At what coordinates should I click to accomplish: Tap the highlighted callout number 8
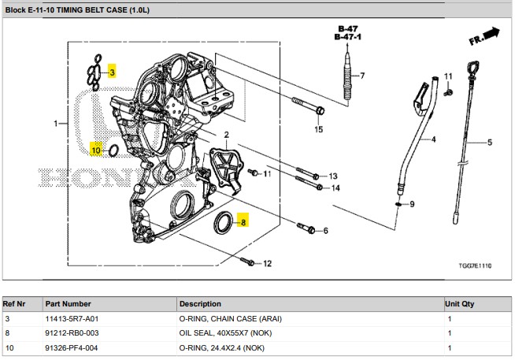point(243,222)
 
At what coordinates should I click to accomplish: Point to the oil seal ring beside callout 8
point(224,222)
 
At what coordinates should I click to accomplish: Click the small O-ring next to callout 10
point(113,150)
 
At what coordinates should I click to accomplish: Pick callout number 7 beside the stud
point(362,76)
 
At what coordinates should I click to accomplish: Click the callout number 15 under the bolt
point(319,129)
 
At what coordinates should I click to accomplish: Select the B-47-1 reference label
point(347,37)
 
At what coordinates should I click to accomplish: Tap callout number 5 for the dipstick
point(489,143)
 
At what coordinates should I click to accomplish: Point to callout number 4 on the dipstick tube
point(432,139)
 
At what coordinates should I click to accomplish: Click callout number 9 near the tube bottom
point(412,205)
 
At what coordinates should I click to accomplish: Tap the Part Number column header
point(69,303)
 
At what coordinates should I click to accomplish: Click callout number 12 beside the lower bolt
point(266,263)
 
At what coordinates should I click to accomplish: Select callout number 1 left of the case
point(56,124)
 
